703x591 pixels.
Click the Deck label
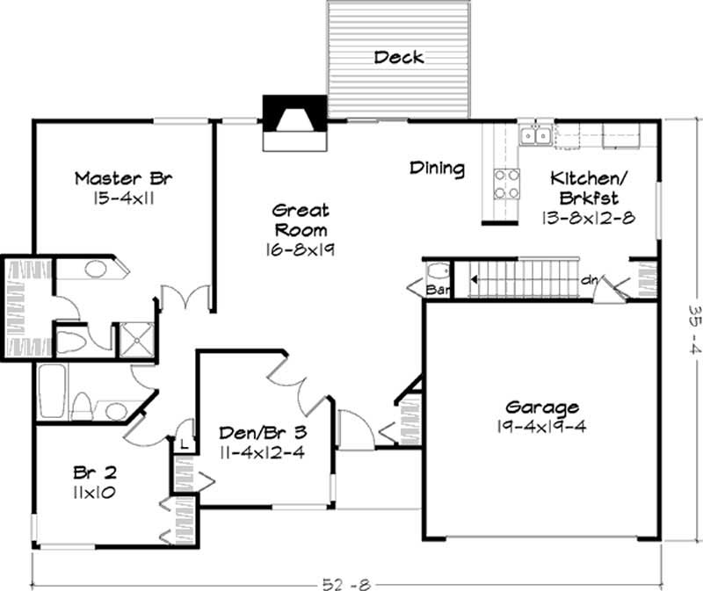pyautogui.click(x=399, y=58)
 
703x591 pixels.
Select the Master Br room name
pyautogui.click(x=123, y=178)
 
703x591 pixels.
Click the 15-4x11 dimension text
pyautogui.click(x=123, y=198)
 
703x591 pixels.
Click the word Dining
pyautogui.click(x=437, y=168)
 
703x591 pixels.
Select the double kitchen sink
pyautogui.click(x=535, y=135)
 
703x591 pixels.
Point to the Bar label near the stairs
pyautogui.click(x=437, y=287)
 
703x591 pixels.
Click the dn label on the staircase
pyautogui.click(x=590, y=280)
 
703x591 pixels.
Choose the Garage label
pyautogui.click(x=542, y=407)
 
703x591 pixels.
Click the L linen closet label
pyautogui.click(x=185, y=446)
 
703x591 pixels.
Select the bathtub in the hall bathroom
pyautogui.click(x=51, y=392)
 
